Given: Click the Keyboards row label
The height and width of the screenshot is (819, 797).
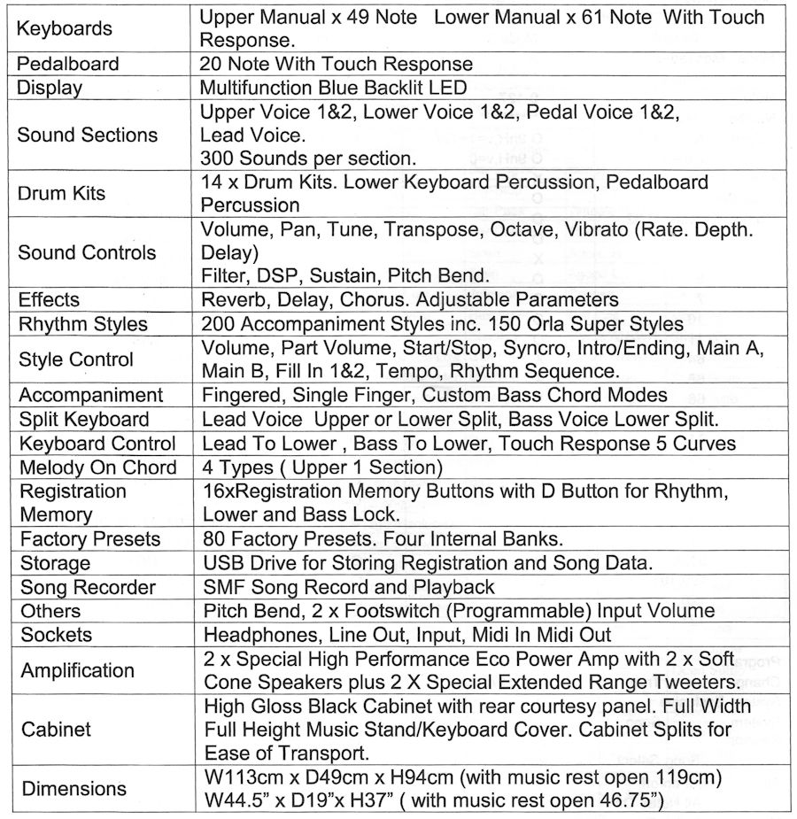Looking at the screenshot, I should pyautogui.click(x=65, y=28).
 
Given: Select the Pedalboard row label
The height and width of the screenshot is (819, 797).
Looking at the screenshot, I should pyautogui.click(x=69, y=64).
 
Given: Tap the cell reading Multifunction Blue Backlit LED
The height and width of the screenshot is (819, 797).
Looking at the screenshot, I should pyautogui.click(x=333, y=88).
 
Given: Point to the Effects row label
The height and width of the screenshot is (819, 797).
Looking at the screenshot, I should pyautogui.click(x=50, y=299).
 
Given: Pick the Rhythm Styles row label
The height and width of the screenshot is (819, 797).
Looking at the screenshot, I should pyautogui.click(x=84, y=323).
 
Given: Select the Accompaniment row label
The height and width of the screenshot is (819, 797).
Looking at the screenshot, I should pyautogui.click(x=91, y=395).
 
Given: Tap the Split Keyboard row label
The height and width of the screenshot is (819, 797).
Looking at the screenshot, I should pyautogui.click(x=84, y=419).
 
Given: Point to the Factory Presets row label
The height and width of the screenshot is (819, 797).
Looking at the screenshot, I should pyautogui.click(x=90, y=538).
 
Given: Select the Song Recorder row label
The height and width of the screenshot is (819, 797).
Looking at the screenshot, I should pyautogui.click(x=88, y=586).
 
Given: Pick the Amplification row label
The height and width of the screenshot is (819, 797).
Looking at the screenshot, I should pyautogui.click(x=78, y=670).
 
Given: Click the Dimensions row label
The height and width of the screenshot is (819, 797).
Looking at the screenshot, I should pyautogui.click(x=74, y=789).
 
